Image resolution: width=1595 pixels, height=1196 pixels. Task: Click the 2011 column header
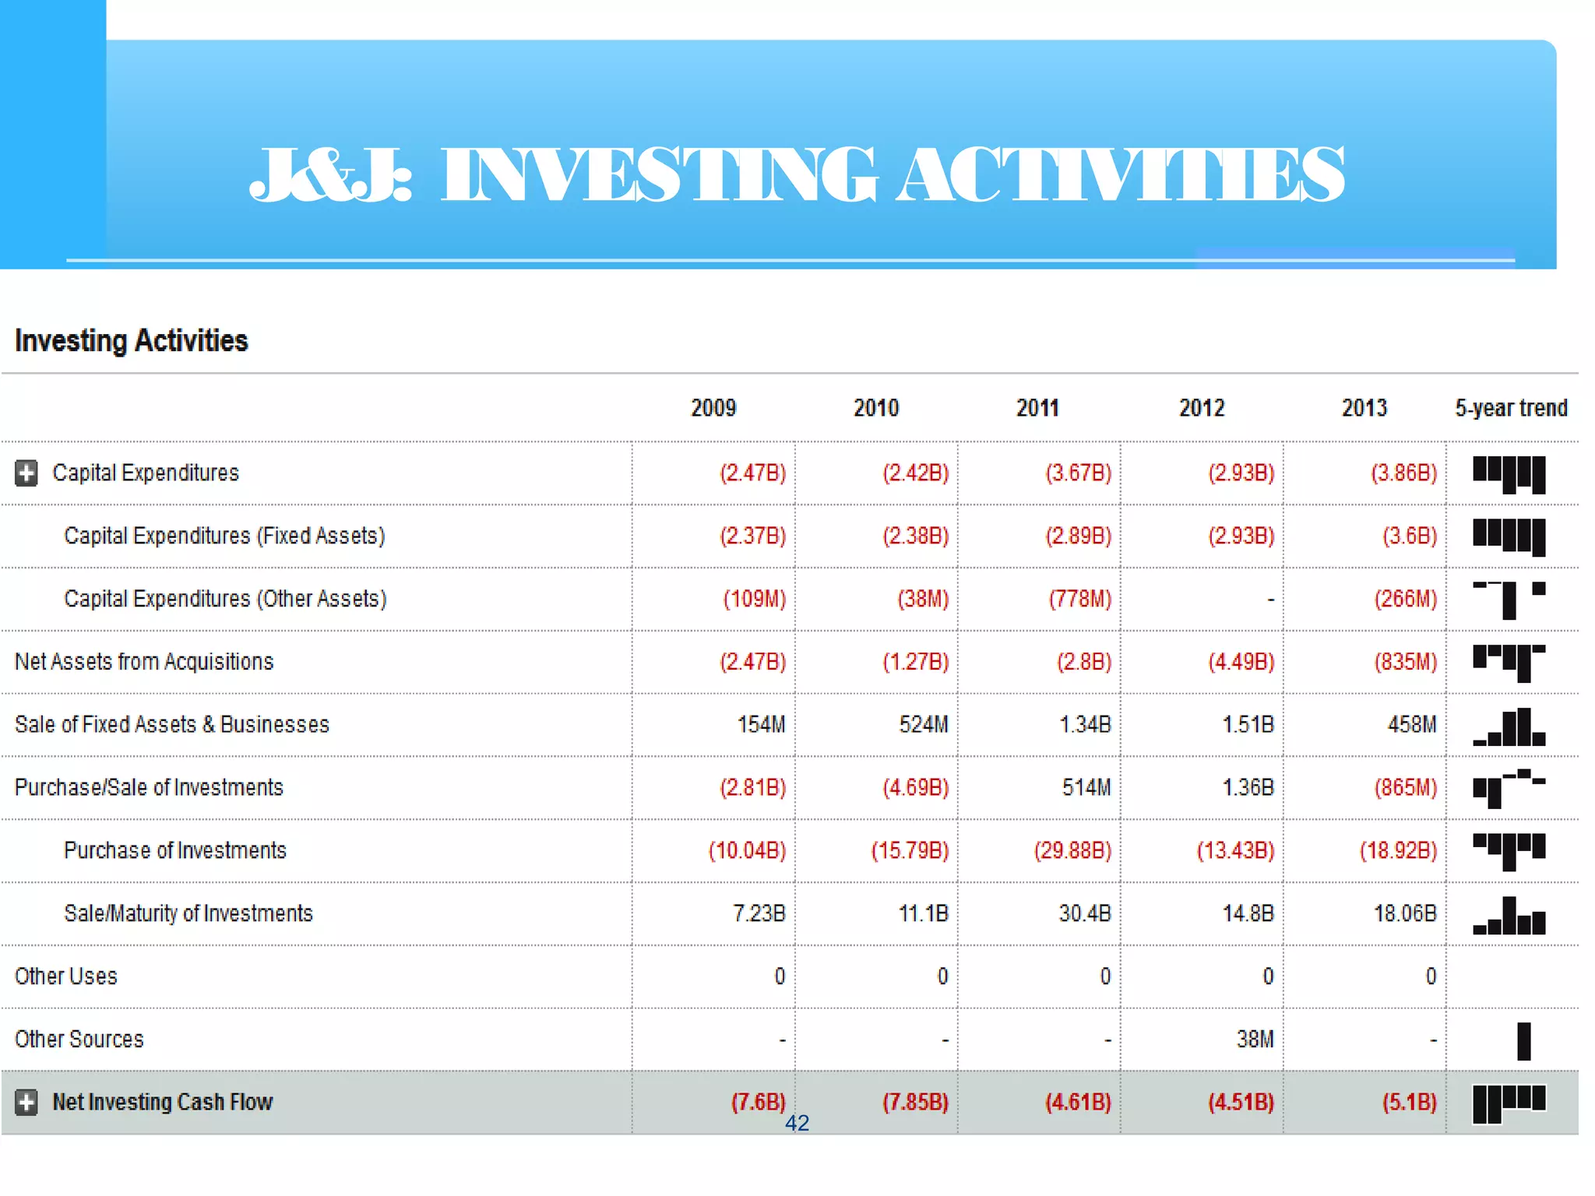point(1037,408)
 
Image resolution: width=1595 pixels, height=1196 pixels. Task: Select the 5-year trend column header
point(1511,408)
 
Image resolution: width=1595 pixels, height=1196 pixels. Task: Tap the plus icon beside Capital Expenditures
point(26,473)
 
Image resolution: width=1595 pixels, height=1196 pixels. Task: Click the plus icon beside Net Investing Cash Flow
point(26,1103)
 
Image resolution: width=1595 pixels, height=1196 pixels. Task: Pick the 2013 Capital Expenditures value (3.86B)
point(1403,473)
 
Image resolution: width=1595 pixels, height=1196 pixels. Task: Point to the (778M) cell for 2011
point(1079,599)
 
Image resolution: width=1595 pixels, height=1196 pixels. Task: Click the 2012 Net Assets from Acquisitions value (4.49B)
point(1241,662)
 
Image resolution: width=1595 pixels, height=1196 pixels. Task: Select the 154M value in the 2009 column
point(761,725)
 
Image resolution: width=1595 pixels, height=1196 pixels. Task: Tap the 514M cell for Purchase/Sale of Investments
point(1086,788)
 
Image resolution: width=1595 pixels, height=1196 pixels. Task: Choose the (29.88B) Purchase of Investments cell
point(1072,850)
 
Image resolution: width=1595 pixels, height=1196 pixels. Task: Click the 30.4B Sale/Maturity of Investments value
point(1084,913)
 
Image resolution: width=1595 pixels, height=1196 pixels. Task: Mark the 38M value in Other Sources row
point(1255,1039)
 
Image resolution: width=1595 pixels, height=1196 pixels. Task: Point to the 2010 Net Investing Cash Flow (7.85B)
point(915,1103)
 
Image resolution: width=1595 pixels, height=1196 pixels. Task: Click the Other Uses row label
point(66,976)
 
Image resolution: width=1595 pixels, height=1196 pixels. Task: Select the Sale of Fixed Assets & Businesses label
point(172,725)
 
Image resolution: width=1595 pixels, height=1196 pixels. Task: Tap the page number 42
point(797,1123)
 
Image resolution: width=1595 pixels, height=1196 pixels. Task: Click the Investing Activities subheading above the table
point(132,341)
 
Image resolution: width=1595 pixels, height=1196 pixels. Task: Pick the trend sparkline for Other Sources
point(1523,1041)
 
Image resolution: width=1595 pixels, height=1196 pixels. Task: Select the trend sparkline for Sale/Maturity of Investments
point(1509,916)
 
